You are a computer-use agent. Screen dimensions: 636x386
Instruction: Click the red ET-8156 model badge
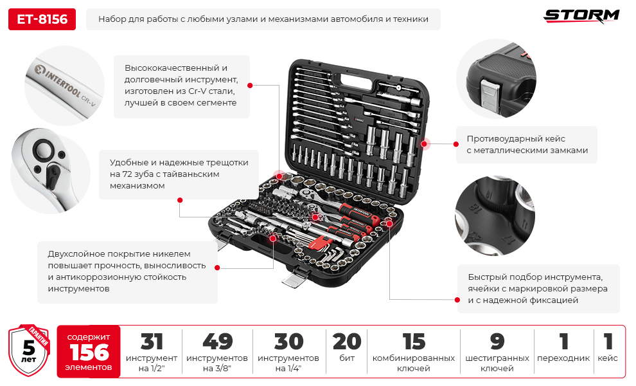(42, 19)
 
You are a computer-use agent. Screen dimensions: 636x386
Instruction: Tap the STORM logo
(581, 16)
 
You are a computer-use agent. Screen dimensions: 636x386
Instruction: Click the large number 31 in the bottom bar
(152, 342)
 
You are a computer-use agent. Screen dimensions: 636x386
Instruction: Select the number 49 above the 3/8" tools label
(217, 342)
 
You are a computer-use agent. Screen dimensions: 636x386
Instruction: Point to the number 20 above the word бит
(347, 342)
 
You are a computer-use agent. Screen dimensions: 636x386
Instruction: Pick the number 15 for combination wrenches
(414, 342)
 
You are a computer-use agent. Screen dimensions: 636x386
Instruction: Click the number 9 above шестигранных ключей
(497, 342)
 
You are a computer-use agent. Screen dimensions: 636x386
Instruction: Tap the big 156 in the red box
(89, 353)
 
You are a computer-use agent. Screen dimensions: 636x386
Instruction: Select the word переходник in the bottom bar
(563, 358)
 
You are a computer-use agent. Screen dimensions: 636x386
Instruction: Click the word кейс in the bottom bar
(608, 358)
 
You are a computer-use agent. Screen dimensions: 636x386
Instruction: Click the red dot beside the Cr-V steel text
(250, 86)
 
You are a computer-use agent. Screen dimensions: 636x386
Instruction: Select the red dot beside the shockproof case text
(456, 144)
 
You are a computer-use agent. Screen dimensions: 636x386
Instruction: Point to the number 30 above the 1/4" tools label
(288, 342)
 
